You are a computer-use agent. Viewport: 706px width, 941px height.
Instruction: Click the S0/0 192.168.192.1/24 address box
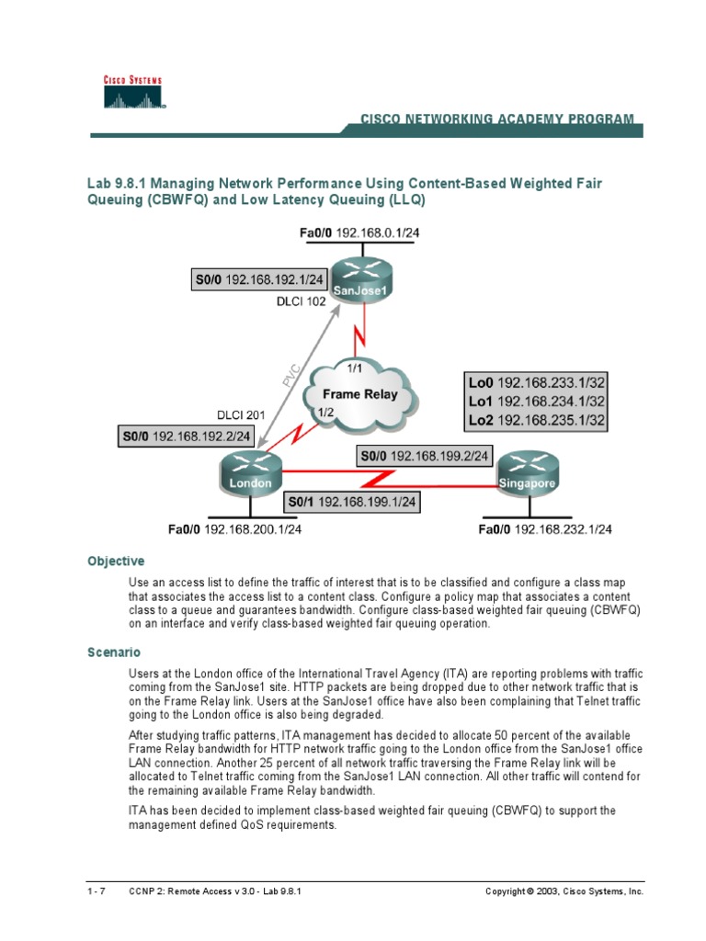pos(260,278)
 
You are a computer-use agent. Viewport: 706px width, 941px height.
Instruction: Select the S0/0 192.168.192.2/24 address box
pos(188,436)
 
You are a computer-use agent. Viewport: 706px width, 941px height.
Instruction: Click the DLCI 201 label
pos(240,414)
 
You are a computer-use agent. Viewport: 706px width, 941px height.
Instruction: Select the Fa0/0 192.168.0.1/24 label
pos(359,233)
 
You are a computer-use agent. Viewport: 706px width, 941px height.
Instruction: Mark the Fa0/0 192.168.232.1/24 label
pos(545,528)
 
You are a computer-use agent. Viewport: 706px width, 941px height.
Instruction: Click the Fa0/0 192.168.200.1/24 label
pos(235,528)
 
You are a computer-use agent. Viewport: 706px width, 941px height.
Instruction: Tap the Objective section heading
pos(116,561)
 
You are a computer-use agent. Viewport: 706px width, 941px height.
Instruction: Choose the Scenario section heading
pos(114,652)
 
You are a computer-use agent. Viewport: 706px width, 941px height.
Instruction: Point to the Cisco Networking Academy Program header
pos(496,119)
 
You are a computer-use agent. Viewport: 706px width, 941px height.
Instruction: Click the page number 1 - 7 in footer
pos(97,891)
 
